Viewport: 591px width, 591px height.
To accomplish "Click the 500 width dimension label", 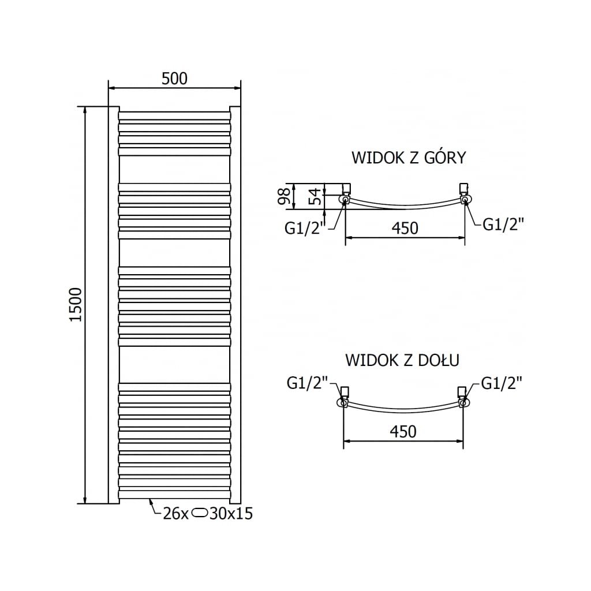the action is [x=174, y=78].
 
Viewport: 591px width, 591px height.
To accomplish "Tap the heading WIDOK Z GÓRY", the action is [x=408, y=158].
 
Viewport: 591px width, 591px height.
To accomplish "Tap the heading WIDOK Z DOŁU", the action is [x=402, y=361].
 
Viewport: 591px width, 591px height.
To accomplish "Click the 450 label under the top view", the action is [x=405, y=228].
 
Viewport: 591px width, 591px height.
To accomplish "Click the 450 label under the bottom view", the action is [x=403, y=431].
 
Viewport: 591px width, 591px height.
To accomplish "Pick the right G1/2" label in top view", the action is [x=503, y=224].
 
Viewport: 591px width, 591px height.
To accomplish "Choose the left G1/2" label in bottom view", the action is [x=308, y=383].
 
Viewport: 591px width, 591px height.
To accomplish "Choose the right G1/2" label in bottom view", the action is [x=501, y=383].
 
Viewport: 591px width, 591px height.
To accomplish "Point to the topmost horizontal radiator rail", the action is [x=174, y=115].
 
